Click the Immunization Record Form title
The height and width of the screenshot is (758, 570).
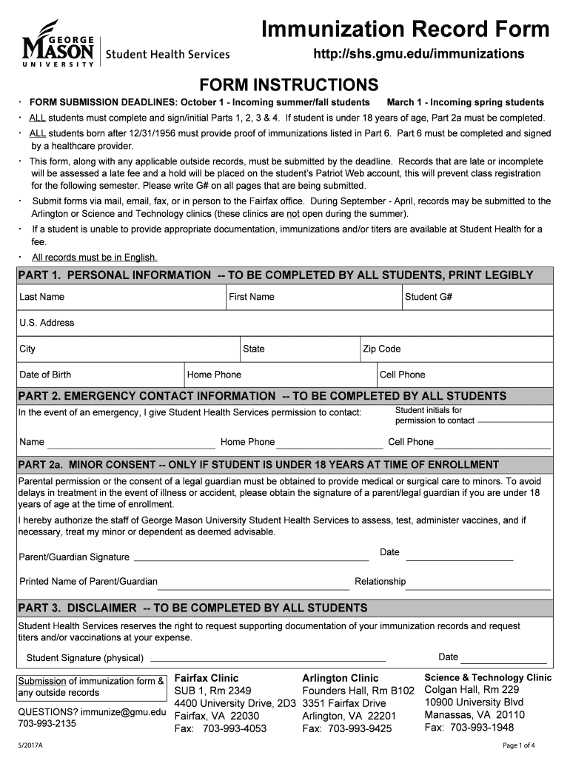(x=406, y=30)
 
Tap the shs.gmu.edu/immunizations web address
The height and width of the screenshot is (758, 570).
(x=419, y=54)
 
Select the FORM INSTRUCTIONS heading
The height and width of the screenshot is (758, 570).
(x=285, y=84)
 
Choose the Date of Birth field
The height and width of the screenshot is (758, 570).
(x=100, y=375)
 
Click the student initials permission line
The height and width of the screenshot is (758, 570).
(x=514, y=420)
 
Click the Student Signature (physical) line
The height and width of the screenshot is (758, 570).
(x=268, y=657)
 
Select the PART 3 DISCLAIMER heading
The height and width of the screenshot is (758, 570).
(x=192, y=608)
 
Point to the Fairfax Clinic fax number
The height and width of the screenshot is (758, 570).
(x=220, y=729)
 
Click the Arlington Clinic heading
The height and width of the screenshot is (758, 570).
(x=340, y=678)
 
